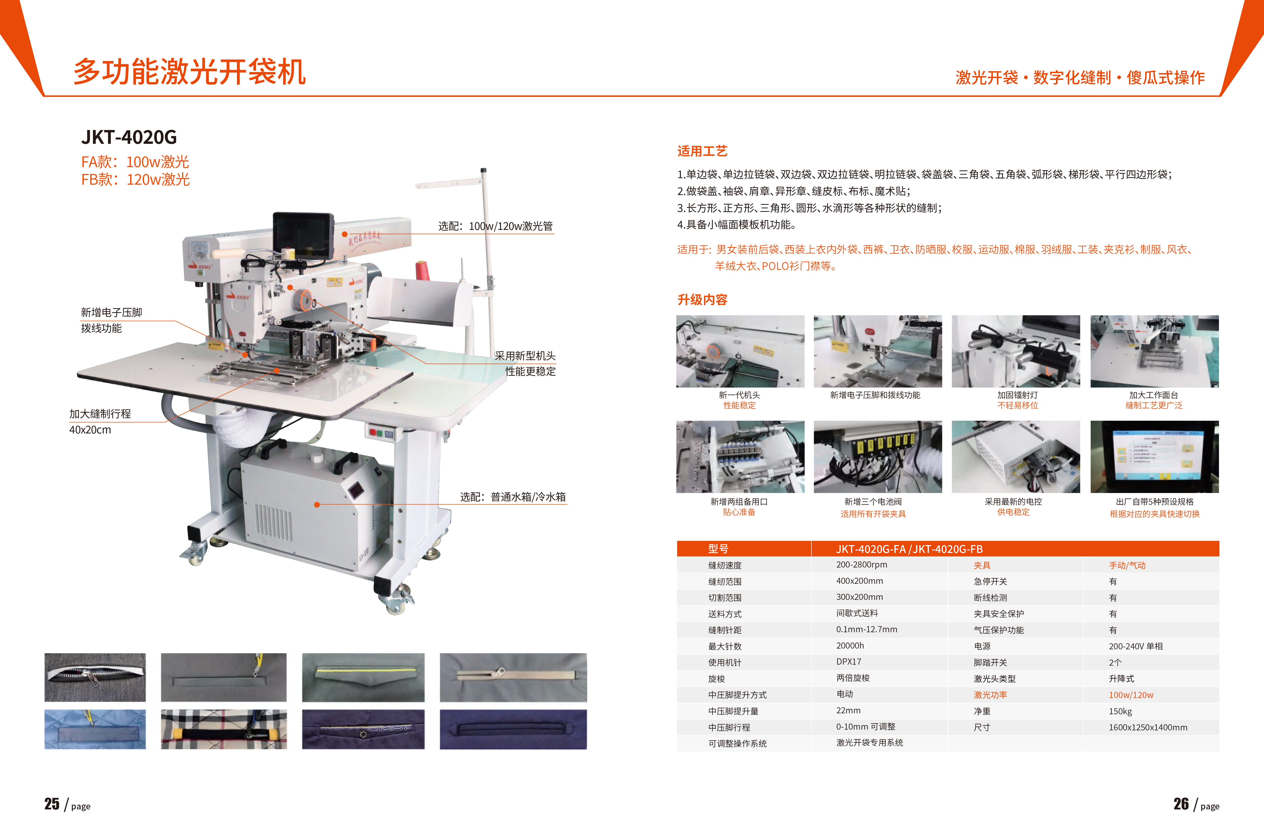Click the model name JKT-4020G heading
(x=129, y=137)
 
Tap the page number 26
(x=1181, y=804)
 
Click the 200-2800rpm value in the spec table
(x=862, y=565)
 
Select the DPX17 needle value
(x=849, y=662)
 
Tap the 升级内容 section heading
(x=702, y=300)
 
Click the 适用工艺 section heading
(x=702, y=151)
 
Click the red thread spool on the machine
(x=422, y=271)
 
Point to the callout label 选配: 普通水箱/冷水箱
(x=513, y=497)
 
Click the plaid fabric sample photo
(x=224, y=729)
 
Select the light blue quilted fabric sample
(x=95, y=729)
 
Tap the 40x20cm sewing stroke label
(x=90, y=430)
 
